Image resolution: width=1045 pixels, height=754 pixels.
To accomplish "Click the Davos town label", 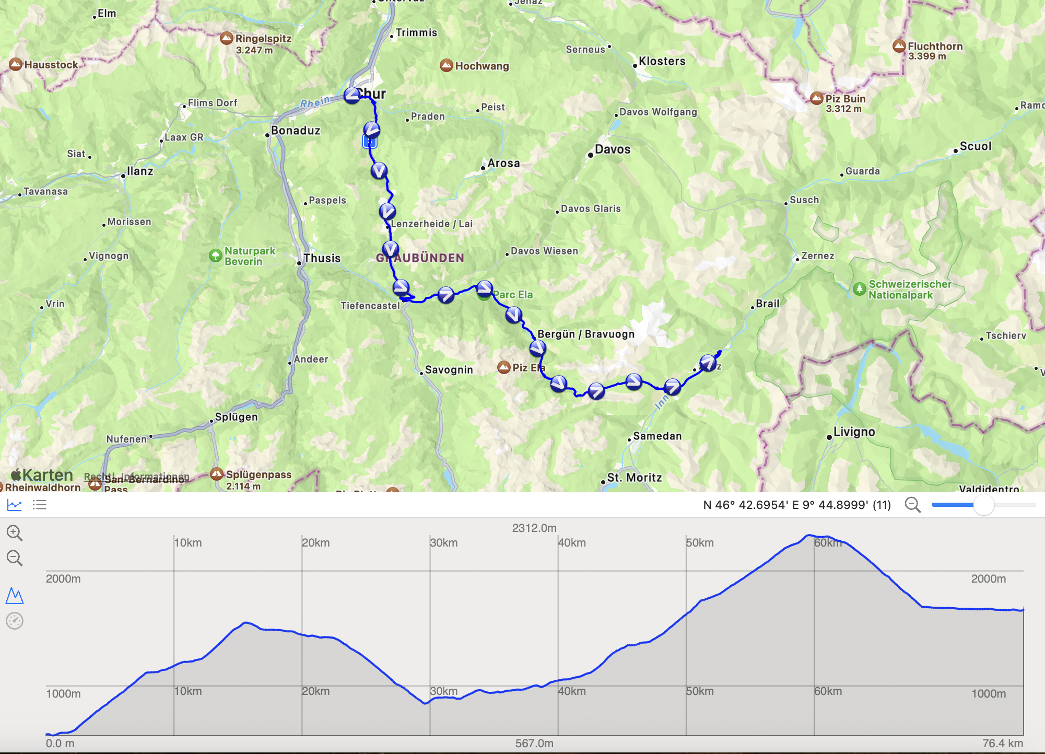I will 612,150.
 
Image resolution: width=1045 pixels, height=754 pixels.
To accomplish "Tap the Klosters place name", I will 662,62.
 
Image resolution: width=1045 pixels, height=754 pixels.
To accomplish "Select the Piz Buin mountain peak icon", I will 817,98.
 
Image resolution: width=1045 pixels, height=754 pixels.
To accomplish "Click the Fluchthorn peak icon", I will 899,46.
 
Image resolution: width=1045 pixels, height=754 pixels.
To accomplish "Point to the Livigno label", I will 854,432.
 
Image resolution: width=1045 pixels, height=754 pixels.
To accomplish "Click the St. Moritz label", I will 634,478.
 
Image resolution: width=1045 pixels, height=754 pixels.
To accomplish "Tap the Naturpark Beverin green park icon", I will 215,256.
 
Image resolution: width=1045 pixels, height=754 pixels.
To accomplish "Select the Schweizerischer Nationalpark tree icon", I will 859,288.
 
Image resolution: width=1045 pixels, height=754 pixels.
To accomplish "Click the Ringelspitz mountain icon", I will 226,38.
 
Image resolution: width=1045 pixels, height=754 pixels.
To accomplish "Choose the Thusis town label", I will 322,259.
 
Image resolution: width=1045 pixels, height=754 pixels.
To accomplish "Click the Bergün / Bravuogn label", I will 586,334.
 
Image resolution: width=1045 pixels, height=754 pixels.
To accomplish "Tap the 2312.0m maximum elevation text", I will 534,528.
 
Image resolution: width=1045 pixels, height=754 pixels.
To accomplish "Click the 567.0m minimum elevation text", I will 534,744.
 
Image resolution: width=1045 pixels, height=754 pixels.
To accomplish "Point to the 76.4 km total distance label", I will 1002,744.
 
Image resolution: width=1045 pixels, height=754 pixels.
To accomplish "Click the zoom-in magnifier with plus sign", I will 15,533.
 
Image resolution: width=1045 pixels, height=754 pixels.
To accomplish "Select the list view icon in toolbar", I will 40,505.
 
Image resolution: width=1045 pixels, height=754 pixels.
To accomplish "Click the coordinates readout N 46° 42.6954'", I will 796,505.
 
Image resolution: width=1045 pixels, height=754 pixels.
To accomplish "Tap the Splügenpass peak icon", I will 217,474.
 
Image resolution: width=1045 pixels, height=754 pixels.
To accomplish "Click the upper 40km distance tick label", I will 572,543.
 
